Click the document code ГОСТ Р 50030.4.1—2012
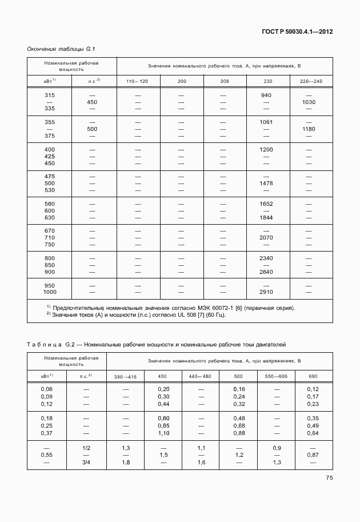(x=297, y=32)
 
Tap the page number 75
(x=329, y=477)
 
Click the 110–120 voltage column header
(x=137, y=82)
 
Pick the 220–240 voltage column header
(x=310, y=82)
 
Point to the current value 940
(x=266, y=95)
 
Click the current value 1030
(x=309, y=102)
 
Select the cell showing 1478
(x=266, y=184)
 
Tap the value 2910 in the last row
(x=266, y=292)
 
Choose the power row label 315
(x=49, y=95)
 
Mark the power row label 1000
(x=49, y=292)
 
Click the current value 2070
(x=266, y=238)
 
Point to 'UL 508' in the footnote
(x=186, y=315)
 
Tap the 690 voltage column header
(x=313, y=377)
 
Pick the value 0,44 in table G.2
(x=163, y=404)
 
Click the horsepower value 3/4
(x=87, y=463)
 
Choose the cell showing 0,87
(x=313, y=455)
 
